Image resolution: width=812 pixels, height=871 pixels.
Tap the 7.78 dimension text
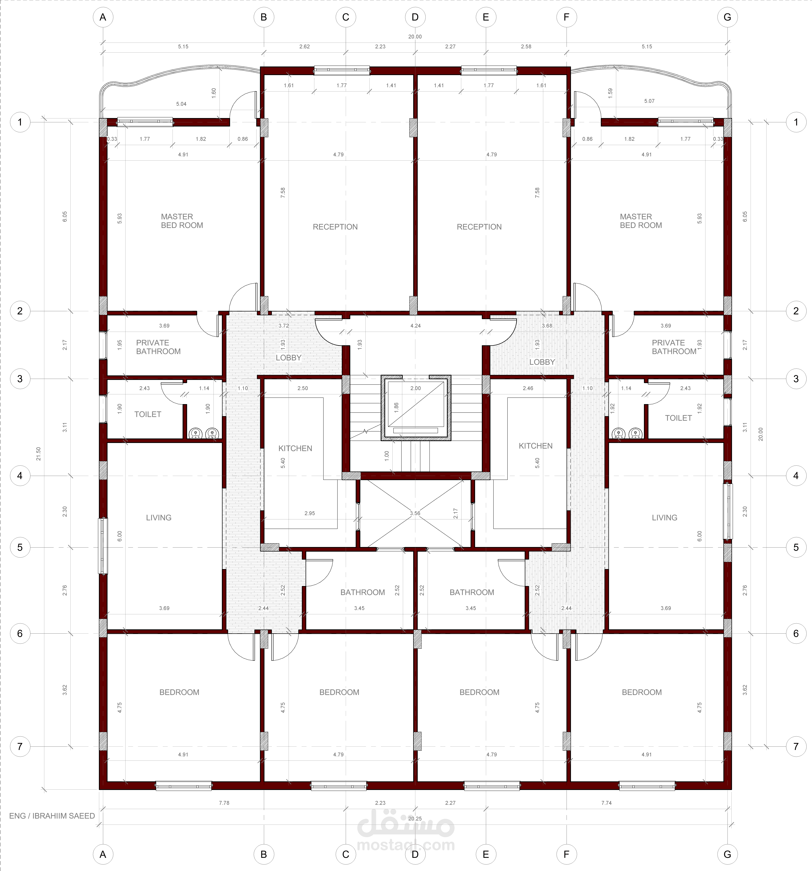[x=224, y=803]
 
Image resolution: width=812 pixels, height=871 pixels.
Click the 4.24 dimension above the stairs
[x=415, y=326]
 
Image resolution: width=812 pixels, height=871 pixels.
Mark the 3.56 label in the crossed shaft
[x=415, y=513]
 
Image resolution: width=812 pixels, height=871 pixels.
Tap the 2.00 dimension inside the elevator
[x=415, y=388]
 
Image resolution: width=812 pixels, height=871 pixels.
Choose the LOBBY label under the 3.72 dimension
[x=288, y=358]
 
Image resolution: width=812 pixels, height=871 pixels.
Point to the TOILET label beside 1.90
[x=148, y=414]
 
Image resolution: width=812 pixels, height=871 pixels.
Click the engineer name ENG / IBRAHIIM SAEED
[x=52, y=816]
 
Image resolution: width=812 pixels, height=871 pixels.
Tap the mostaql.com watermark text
[x=406, y=845]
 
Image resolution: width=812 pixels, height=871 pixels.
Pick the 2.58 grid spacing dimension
[x=526, y=46]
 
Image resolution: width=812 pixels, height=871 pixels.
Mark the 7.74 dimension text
[x=606, y=803]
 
